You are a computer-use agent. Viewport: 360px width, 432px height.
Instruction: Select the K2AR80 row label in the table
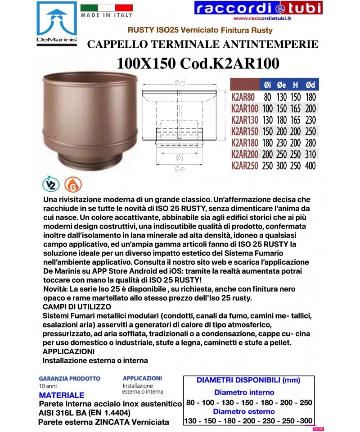(x=243, y=97)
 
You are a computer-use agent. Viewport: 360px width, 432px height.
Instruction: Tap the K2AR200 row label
(x=244, y=154)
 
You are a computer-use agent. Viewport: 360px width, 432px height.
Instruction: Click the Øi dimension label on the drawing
(x=179, y=157)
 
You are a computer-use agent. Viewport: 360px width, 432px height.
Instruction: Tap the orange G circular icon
(x=70, y=184)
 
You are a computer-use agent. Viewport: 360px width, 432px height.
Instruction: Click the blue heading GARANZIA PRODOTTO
(x=69, y=379)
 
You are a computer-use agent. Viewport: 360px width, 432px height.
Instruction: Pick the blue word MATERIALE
(x=62, y=396)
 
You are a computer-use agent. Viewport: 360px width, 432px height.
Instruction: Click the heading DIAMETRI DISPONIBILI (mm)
(x=248, y=380)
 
